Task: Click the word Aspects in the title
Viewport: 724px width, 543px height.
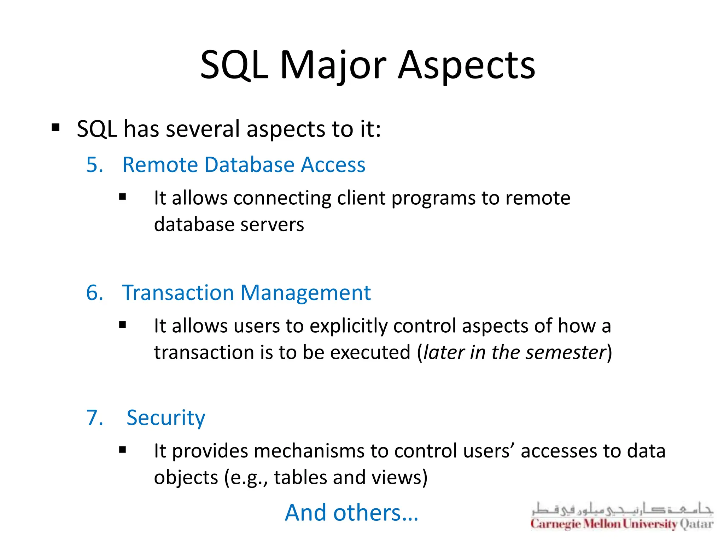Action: tap(466, 65)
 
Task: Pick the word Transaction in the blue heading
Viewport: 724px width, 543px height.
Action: tap(177, 293)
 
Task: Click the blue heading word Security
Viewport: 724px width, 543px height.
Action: tap(165, 418)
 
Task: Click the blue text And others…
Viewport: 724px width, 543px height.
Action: tap(351, 513)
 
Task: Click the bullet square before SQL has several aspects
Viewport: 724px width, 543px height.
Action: tap(56, 127)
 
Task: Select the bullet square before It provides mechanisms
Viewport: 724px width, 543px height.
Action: tap(123, 450)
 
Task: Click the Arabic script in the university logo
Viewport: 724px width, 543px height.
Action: tap(622, 509)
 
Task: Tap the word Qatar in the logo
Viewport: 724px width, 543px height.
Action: tap(696, 524)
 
